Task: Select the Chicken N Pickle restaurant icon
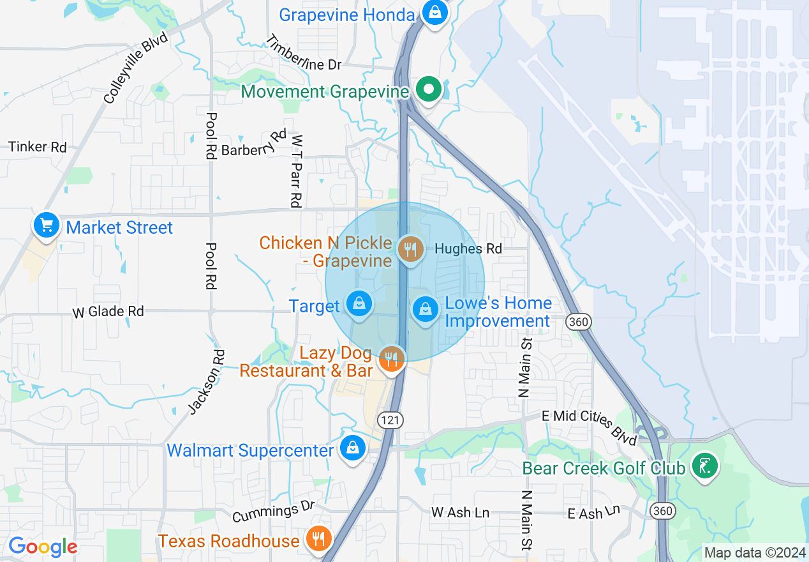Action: click(410, 249)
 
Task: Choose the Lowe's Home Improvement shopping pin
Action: click(425, 310)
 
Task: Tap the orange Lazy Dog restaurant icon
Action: click(391, 360)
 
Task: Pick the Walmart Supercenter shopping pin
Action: click(352, 448)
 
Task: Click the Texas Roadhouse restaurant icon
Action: click(317, 538)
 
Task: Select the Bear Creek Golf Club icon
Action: click(705, 467)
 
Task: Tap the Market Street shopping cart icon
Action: click(47, 226)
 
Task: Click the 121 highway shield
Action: click(389, 420)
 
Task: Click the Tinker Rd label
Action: click(38, 147)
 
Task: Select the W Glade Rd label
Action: click(108, 312)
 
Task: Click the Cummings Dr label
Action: click(274, 512)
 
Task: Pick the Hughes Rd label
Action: click(468, 249)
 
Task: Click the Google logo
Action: click(43, 547)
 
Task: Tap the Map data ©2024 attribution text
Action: click(755, 552)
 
